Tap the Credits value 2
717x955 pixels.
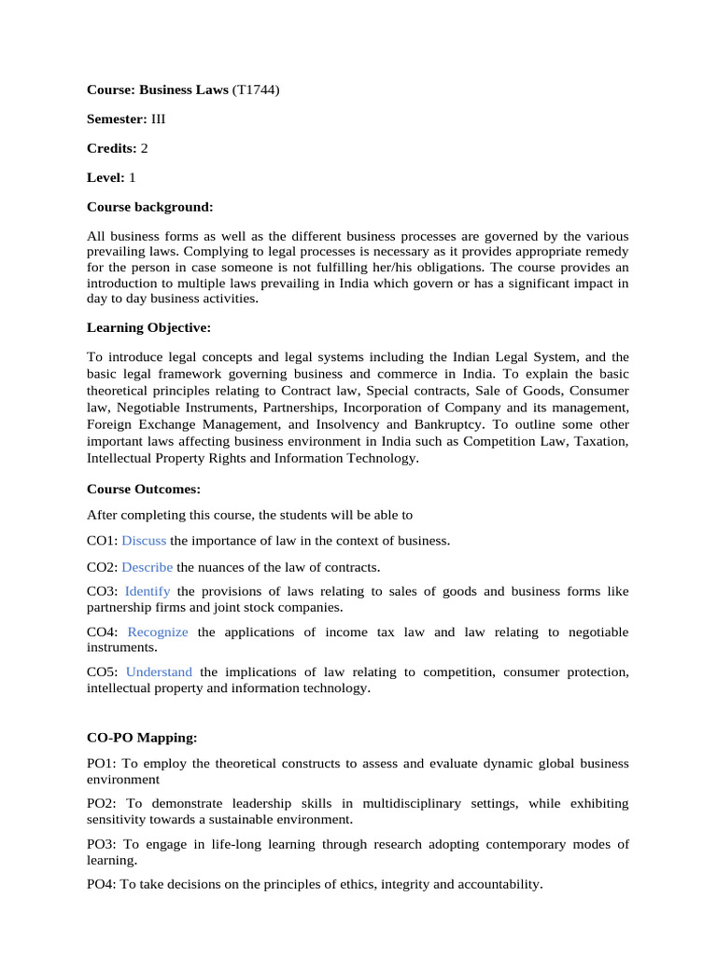145,148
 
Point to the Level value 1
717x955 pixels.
133,177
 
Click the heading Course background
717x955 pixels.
150,206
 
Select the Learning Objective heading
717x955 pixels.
148,327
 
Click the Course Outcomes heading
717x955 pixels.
144,488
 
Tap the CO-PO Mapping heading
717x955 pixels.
142,737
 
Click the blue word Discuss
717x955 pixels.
144,540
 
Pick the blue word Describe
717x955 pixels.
148,566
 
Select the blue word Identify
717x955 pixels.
148,591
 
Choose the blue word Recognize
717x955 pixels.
158,631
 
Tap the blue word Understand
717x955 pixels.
159,671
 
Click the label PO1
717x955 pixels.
101,763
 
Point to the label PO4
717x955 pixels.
101,883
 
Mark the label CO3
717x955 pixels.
101,591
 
